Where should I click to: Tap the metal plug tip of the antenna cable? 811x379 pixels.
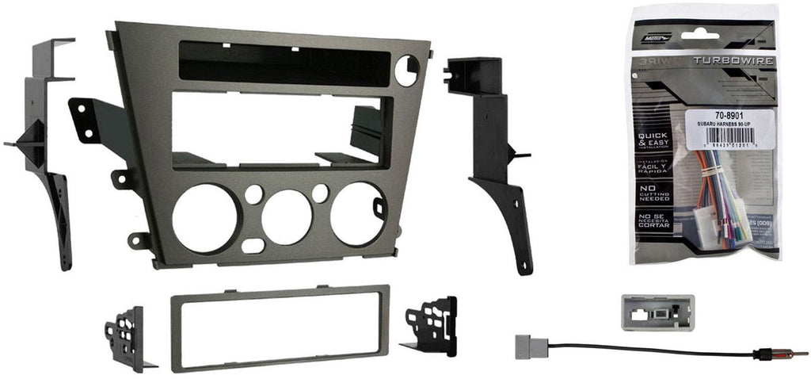796,354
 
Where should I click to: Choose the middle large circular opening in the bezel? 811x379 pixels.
286,216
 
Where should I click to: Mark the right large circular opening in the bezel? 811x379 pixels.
358,213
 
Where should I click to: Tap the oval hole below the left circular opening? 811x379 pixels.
253,246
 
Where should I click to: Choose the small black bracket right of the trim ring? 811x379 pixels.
431,325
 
